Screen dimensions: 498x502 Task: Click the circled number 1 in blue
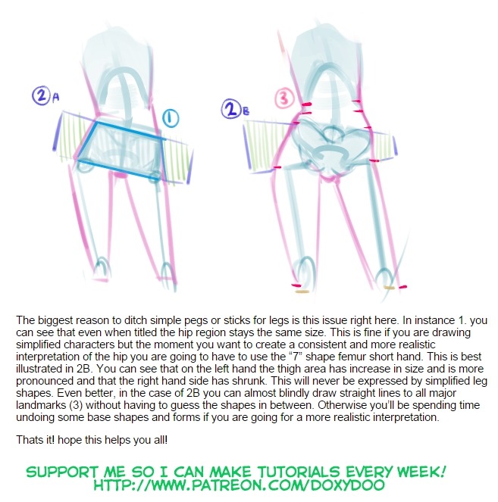point(171,118)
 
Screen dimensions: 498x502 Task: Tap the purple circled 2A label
point(45,95)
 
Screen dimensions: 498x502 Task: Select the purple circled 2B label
point(235,109)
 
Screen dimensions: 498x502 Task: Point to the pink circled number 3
point(284,98)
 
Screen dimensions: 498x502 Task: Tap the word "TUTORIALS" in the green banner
point(299,472)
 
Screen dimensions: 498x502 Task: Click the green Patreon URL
point(239,485)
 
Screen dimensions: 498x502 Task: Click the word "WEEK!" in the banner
point(421,472)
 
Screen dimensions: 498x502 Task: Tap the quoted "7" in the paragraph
point(296,357)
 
